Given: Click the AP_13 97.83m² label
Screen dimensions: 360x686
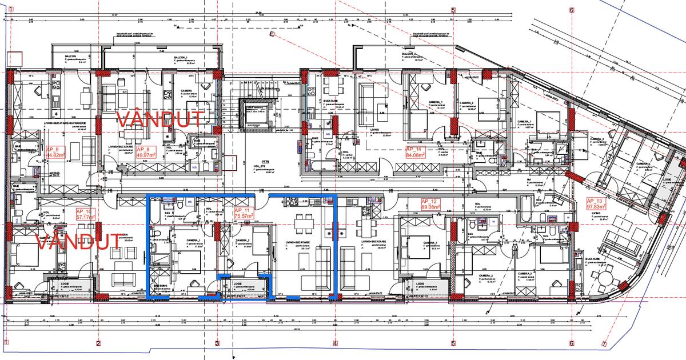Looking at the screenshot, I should click(599, 203).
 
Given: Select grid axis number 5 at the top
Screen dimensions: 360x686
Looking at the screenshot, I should click(453, 10).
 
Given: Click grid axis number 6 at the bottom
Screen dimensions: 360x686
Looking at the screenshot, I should click(571, 343).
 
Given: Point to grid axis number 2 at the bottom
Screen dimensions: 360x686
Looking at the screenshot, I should click(98, 343).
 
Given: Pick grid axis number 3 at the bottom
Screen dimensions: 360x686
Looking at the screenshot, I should click(217, 343).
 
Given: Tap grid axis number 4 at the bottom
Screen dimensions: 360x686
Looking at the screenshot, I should click(335, 343).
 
